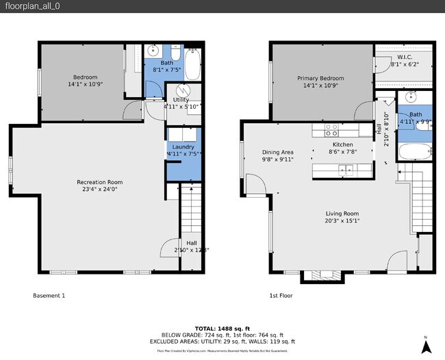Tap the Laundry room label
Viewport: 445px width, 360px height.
pyautogui.click(x=183, y=146)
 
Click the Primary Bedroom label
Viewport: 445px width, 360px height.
pyautogui.click(x=320, y=79)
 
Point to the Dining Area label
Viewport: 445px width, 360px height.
pyautogui.click(x=278, y=152)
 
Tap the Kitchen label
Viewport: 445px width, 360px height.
pyautogui.click(x=342, y=145)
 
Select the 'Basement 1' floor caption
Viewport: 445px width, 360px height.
pyautogui.click(x=49, y=296)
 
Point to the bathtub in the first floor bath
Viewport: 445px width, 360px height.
pyautogui.click(x=416, y=153)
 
